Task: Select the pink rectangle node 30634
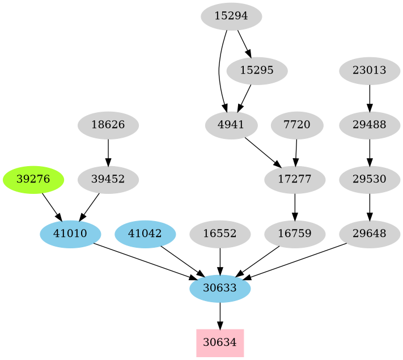(x=220, y=343)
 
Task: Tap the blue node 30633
(x=220, y=289)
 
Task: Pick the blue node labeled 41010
(x=70, y=234)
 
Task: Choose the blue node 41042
(x=145, y=234)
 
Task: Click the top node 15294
(x=231, y=16)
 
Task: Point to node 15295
(x=257, y=71)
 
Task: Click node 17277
(x=295, y=180)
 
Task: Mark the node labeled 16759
(x=295, y=234)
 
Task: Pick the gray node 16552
(x=220, y=234)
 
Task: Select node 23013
(x=370, y=71)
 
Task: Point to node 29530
(x=370, y=180)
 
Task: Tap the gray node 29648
(x=370, y=234)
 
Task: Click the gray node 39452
(x=108, y=180)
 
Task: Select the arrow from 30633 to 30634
(x=220, y=316)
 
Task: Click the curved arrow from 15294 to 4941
(x=219, y=71)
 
